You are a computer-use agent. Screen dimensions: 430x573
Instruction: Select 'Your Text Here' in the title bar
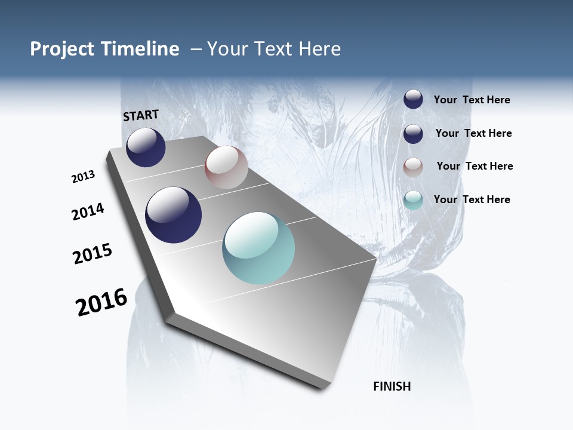274,49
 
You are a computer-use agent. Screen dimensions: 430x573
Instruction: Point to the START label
141,115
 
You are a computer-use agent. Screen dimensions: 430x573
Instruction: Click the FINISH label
392,386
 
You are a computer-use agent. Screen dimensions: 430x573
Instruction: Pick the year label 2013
83,177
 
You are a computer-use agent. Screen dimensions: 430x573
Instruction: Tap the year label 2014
88,212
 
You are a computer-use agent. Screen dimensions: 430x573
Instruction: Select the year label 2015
93,254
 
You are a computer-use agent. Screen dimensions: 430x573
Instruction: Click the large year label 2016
101,302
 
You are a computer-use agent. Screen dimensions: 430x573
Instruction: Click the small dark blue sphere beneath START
146,148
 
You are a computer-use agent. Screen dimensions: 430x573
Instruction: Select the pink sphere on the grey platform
226,167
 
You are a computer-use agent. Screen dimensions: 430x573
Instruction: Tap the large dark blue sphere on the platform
174,215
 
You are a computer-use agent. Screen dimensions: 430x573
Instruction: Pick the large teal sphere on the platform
258,248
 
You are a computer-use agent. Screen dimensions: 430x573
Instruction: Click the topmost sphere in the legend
413,100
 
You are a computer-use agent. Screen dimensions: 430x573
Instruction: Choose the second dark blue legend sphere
413,134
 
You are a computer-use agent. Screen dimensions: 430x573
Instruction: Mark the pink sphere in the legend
413,167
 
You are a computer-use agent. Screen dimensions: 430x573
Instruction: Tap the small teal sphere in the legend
413,200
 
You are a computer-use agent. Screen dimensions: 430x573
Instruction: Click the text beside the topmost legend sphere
472,100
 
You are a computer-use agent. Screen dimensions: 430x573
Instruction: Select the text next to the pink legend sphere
475,166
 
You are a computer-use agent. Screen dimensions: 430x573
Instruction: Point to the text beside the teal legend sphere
472,199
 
